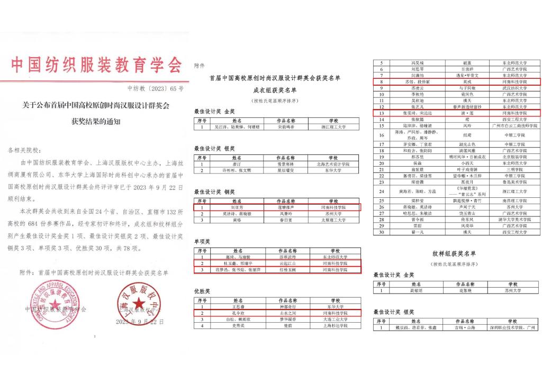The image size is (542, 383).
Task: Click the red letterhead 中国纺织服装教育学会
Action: tap(96, 64)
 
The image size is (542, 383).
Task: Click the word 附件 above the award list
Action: tap(200, 66)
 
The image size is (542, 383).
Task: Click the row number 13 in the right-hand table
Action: tap(381, 113)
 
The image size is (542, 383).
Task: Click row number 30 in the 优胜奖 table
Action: tap(381, 232)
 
